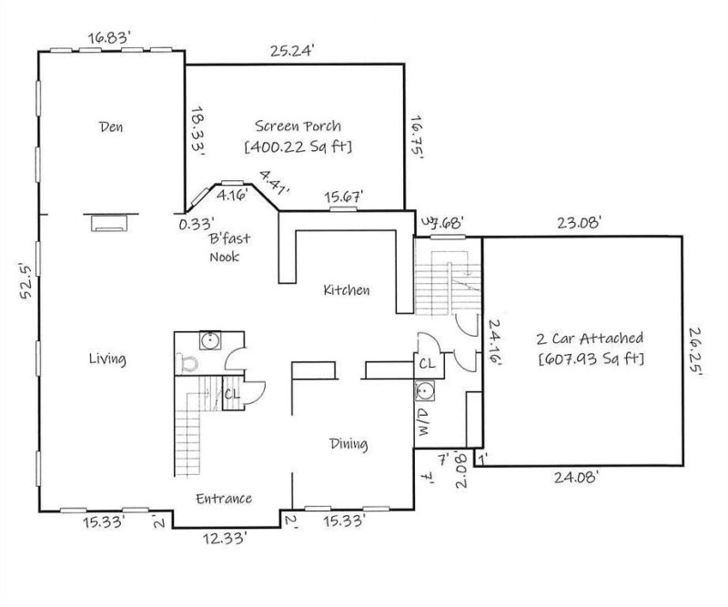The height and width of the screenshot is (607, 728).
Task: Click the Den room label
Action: pos(111,126)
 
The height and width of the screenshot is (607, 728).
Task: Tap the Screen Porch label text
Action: pos(298,126)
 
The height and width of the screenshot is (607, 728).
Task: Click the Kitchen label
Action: pos(347,291)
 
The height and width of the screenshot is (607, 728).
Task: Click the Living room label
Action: pos(107,359)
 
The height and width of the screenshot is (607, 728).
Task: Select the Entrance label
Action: pos(224,498)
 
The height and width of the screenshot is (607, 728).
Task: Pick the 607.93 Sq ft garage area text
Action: pos(591,359)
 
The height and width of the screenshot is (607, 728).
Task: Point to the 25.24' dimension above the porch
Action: pos(293,51)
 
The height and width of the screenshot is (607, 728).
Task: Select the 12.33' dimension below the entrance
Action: pos(224,540)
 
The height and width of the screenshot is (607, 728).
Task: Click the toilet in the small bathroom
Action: pos(187,364)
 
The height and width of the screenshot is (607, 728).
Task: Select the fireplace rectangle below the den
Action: pos(111,220)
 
